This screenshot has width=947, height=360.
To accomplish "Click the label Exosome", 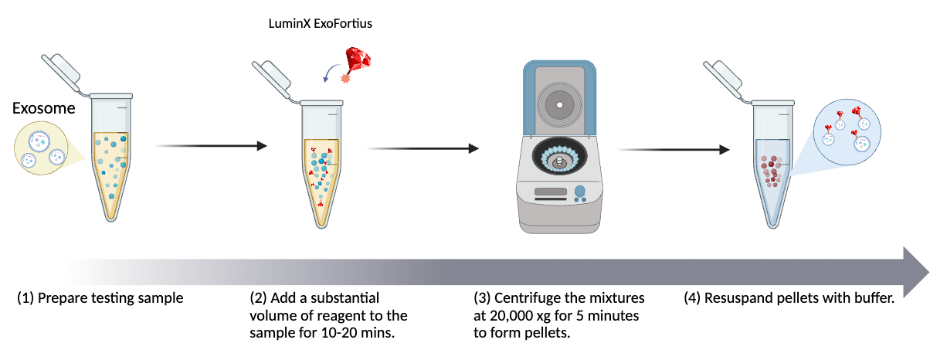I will point(44,109).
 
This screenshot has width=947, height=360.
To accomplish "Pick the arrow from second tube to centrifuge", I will point(422,148).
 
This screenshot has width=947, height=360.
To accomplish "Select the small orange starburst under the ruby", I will point(345,79).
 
